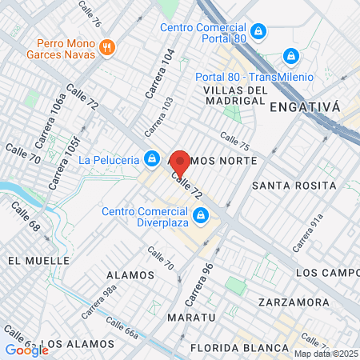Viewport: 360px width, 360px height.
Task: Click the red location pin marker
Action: (x=180, y=164)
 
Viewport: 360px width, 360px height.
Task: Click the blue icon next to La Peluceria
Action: (x=151, y=158)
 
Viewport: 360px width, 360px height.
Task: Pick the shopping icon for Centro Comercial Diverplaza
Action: (x=202, y=215)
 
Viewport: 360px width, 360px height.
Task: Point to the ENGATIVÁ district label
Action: (x=305, y=106)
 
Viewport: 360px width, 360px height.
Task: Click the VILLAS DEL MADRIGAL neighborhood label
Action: (x=234, y=96)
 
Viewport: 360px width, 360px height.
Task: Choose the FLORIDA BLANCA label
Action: (x=239, y=347)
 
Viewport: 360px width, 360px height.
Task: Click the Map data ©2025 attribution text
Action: (x=326, y=354)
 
